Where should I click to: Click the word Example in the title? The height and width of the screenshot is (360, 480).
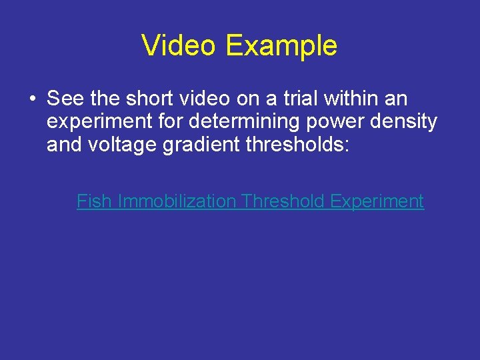[281, 46]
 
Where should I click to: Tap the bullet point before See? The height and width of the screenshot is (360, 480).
[32, 99]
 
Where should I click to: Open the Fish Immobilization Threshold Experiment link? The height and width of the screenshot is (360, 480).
[250, 201]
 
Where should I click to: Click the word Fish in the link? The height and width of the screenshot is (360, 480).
[94, 201]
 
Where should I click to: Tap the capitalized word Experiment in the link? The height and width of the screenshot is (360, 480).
[377, 201]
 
